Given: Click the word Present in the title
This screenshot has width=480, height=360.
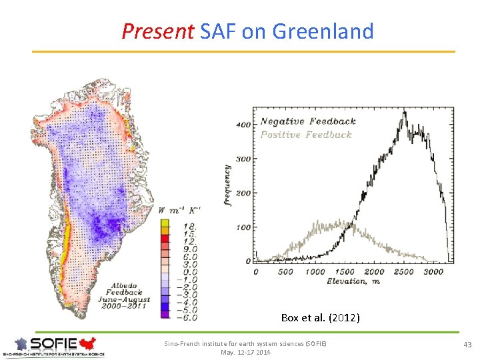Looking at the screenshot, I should pos(157,31).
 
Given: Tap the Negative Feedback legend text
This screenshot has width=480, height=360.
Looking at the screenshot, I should pos(308,121).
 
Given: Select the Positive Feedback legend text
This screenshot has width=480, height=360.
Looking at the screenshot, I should pos(306,135).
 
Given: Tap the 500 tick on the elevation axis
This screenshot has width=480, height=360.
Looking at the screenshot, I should pos(285,271).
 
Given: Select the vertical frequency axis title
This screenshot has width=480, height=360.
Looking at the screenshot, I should pos(227,185).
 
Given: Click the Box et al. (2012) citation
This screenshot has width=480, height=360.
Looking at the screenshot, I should pos(320,318).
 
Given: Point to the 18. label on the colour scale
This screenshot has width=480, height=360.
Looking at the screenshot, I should pos(190,227).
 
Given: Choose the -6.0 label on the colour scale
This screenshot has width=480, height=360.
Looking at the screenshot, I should pos(187,317).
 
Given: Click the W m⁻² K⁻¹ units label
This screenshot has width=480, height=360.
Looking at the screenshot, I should pos(178,211).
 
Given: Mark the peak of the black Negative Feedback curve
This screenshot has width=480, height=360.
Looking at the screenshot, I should pos(404,112).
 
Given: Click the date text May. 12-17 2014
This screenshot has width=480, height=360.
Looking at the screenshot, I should pos(245,352).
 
